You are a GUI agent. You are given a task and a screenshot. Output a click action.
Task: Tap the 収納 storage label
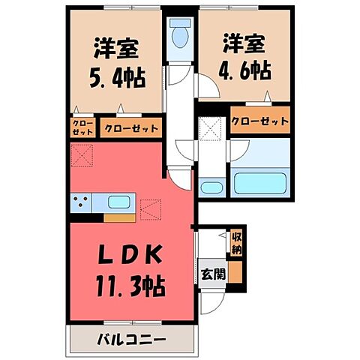point(236,243)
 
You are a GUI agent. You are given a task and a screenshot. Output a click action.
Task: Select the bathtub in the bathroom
point(261,181)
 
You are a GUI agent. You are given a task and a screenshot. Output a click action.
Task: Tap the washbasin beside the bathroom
point(211,185)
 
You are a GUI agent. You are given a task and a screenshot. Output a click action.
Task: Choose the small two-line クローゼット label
point(82,127)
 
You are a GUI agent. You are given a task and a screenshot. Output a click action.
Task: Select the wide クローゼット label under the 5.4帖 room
point(131,128)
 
